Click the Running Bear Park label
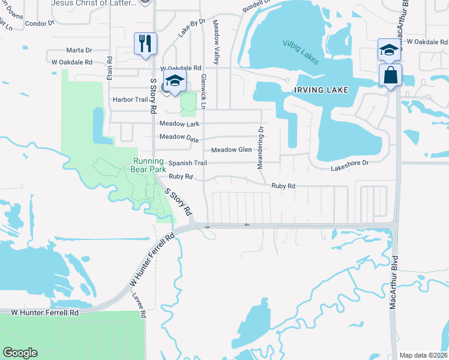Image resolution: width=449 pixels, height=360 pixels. click(x=148, y=165)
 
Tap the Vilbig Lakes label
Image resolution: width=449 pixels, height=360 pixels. click(x=302, y=52)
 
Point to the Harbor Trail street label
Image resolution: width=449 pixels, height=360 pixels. click(x=130, y=100)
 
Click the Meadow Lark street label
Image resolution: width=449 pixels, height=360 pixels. click(x=179, y=124)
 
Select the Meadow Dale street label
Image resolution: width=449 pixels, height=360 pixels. click(x=179, y=137)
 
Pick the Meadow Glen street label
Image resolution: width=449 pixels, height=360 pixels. click(x=231, y=150)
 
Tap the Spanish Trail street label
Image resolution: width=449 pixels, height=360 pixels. click(x=187, y=163)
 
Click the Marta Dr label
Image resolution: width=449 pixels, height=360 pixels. click(x=79, y=50)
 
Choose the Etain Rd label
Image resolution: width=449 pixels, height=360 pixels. click(x=110, y=68)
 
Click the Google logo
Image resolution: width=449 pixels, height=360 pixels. click(x=20, y=353)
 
